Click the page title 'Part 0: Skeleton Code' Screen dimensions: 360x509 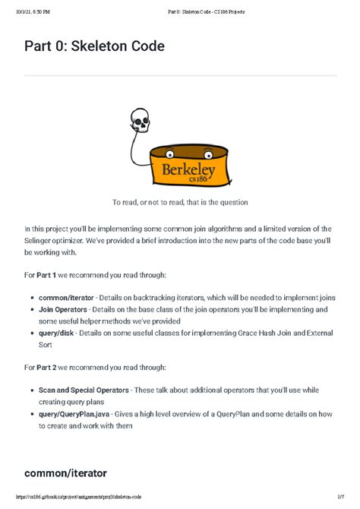pos(94,46)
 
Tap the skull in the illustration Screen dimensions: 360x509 pos(140,120)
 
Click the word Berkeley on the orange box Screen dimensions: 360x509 pos(182,166)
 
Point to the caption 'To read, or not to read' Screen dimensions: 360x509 pos(180,202)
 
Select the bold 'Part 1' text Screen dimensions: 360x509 pos(50,274)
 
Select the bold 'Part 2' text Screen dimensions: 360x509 pos(50,367)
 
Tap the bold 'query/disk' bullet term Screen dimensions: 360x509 pos(60,334)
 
